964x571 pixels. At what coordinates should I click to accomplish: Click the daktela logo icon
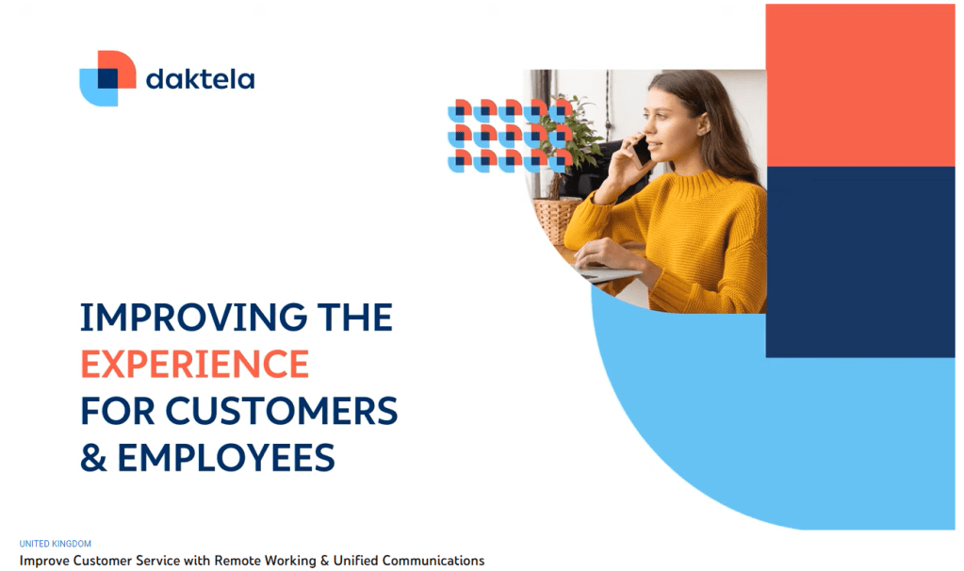107,78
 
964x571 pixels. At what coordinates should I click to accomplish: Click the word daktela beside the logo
200,78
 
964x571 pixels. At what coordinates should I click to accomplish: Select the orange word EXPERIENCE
194,364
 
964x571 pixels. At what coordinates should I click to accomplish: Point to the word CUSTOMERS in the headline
281,411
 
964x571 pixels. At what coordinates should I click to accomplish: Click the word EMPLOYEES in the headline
225,458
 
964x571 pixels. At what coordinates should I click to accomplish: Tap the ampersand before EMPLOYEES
93,458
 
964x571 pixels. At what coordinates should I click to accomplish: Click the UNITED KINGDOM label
56,544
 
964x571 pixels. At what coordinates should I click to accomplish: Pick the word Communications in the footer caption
433,561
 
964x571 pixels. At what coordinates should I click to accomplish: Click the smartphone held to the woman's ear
641,150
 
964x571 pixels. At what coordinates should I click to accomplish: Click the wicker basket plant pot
557,219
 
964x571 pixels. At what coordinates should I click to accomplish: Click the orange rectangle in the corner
860,86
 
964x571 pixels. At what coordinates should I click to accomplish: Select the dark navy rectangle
860,262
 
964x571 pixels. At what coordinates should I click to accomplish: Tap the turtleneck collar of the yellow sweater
699,184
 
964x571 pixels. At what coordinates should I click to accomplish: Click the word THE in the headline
354,318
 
